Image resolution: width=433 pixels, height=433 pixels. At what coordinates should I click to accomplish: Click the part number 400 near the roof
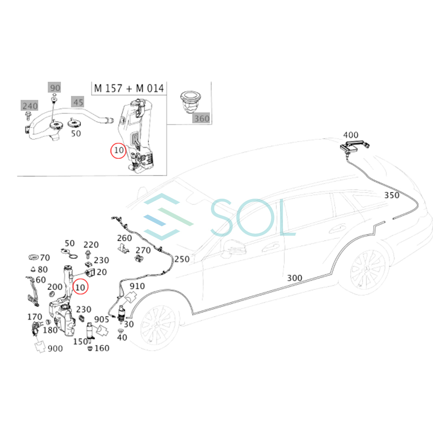tap(350, 135)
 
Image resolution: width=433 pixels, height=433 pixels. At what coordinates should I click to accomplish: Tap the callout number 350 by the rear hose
tap(392, 195)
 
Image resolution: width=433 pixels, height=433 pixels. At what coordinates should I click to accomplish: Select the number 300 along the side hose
tap(294, 278)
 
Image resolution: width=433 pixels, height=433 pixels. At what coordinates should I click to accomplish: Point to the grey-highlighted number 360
tap(202, 118)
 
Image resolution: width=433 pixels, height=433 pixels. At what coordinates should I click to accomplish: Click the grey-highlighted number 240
tap(30, 106)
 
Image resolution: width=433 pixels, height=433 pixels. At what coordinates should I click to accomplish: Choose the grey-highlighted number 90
tap(54, 88)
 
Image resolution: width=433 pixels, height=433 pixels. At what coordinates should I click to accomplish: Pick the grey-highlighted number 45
tap(78, 102)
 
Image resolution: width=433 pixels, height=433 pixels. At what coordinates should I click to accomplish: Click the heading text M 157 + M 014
tap(129, 88)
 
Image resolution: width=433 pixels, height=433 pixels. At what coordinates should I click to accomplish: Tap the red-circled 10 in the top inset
tap(118, 150)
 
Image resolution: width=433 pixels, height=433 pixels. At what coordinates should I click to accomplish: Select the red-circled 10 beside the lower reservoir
tap(80, 287)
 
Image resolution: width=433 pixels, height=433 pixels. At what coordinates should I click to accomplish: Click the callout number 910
tap(137, 286)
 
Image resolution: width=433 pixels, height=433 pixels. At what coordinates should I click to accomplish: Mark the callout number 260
tap(124, 238)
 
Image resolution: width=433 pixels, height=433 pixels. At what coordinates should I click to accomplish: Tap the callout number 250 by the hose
tap(182, 259)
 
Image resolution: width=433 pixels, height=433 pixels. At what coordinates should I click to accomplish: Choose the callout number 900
tap(55, 349)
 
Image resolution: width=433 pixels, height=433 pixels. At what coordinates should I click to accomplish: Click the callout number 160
tap(102, 348)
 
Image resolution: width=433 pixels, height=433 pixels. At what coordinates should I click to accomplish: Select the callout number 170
tap(35, 316)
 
